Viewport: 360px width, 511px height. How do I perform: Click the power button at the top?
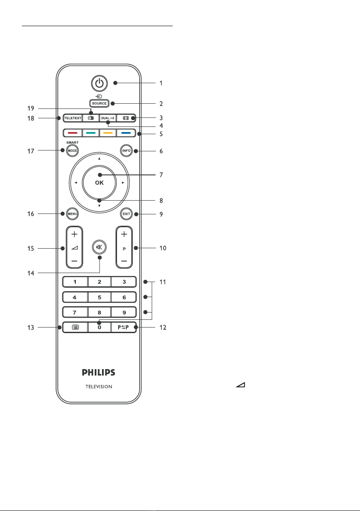point(99,83)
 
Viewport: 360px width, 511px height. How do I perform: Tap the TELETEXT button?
point(73,118)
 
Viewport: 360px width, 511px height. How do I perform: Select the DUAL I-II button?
point(108,118)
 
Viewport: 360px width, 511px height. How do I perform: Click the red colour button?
point(73,133)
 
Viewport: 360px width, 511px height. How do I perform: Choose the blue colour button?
point(126,133)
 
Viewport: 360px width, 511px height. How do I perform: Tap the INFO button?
point(126,150)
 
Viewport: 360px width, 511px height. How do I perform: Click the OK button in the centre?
point(99,183)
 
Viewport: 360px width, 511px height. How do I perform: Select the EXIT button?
point(126,214)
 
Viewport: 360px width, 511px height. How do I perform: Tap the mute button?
point(99,247)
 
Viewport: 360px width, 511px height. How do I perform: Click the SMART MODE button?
point(72,150)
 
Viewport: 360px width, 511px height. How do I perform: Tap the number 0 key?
point(99,327)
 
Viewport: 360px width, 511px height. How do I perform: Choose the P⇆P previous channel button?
point(123,327)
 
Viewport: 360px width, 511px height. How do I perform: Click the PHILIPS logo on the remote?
point(99,372)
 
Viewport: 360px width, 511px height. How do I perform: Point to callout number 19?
point(30,108)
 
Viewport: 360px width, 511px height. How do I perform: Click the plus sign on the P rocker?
point(124,234)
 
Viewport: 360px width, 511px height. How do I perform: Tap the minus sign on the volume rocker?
point(74,261)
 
